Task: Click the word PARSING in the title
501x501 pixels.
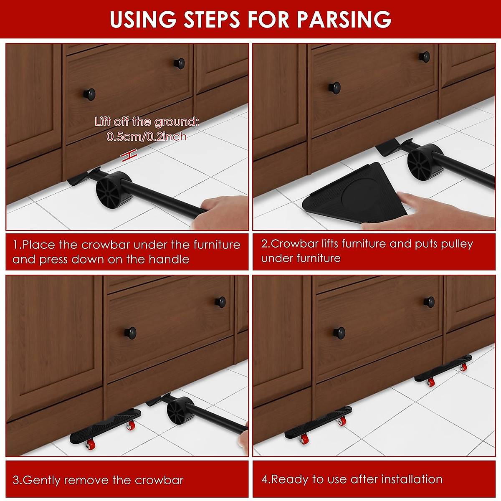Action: coord(344,19)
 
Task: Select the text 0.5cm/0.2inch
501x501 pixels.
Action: coord(147,136)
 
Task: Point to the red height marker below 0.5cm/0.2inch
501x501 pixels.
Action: coord(129,155)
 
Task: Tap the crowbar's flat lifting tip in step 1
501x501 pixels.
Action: coord(78,179)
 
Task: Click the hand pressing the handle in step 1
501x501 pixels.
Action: coord(221,213)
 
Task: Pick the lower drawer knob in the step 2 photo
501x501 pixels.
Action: coord(334,88)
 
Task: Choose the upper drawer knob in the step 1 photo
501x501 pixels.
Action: coord(180,63)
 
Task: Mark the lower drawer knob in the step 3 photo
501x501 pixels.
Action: coord(130,333)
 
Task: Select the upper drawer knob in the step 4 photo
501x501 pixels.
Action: coord(429,302)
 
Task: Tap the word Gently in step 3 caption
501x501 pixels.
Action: coord(42,480)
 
